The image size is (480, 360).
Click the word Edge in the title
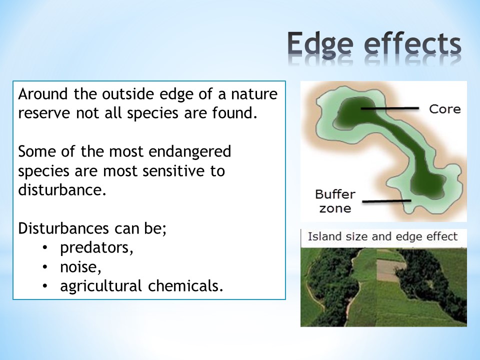point(320,44)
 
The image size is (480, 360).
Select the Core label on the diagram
point(445,109)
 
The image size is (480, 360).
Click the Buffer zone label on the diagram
point(335,201)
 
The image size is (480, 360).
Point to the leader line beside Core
point(389,108)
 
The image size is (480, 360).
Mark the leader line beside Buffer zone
point(386,201)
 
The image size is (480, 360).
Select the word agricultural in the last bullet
point(100,286)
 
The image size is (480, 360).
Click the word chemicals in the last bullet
point(183,285)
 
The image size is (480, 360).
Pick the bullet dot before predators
point(45,247)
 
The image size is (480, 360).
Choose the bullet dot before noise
point(45,267)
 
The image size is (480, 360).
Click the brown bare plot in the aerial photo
point(387,270)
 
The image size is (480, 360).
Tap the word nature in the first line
point(254,94)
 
